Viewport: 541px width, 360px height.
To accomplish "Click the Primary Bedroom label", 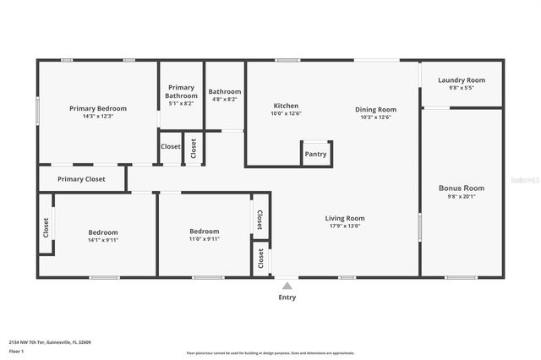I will pos(98,108).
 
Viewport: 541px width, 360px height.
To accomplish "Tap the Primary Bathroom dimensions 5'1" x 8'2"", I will pos(182,104).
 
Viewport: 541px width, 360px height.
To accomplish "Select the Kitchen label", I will pos(285,106).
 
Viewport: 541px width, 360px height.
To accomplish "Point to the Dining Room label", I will pos(375,109).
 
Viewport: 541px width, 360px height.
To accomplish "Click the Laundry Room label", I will pos(462,80).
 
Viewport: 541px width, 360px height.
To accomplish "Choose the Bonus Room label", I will pos(462,188).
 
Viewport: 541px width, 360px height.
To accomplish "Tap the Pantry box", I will pos(316,154).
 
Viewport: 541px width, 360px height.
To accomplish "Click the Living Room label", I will pos(345,218).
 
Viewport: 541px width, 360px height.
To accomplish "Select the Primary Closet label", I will pos(81,179).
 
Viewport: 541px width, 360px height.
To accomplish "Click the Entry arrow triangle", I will pos(287,286).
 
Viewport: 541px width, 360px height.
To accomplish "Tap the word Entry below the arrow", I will pos(287,297).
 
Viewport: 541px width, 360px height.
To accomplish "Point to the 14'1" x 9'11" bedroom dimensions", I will pos(103,239).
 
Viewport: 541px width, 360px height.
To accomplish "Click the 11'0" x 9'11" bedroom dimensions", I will pos(205,238).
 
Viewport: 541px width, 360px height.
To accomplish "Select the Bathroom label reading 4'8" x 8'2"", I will pos(225,99).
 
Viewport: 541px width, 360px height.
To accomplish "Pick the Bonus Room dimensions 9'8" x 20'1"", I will pos(462,196).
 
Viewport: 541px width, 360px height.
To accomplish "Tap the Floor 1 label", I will pos(16,351).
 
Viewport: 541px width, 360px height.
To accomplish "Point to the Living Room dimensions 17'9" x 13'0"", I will pos(345,226).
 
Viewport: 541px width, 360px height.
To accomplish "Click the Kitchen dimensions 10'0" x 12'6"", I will pos(286,113).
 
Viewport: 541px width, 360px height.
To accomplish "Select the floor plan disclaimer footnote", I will pos(270,353).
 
